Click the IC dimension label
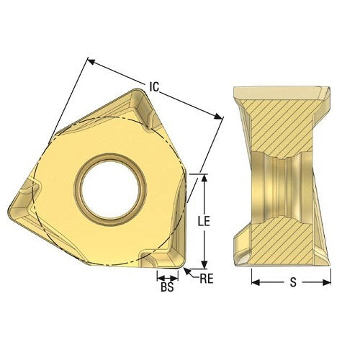pyautogui.click(x=155, y=87)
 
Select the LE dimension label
pyautogui.click(x=203, y=222)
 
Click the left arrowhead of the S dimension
pyautogui.click(x=254, y=282)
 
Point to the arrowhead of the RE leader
pyautogui.click(x=187, y=270)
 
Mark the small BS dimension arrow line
pyautogui.click(x=168, y=277)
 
